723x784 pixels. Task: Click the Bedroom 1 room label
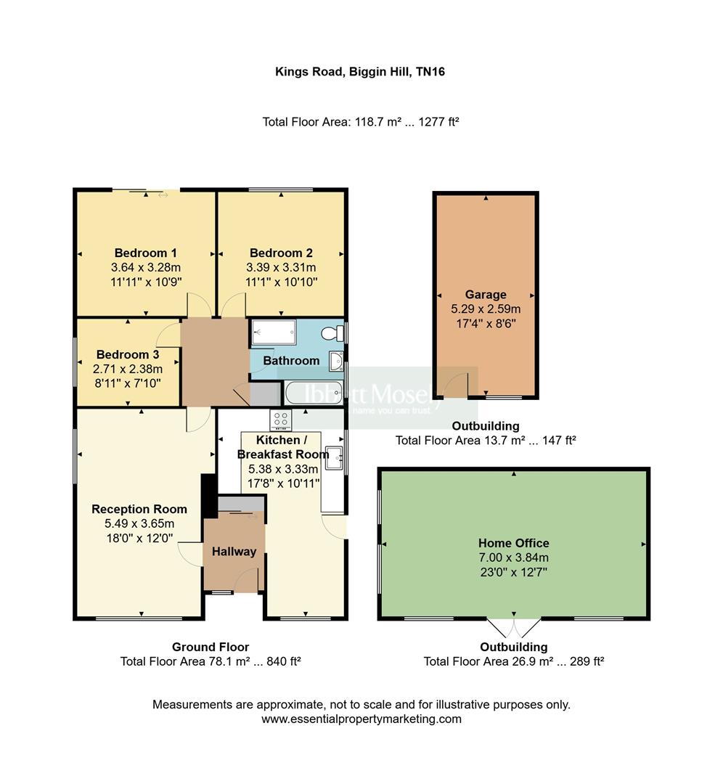coord(145,253)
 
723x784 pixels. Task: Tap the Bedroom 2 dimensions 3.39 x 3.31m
coord(281,267)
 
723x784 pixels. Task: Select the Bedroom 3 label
coord(128,354)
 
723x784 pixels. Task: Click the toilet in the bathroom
coord(332,333)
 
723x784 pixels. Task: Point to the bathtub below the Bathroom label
coord(314,393)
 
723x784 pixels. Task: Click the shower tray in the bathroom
coord(274,332)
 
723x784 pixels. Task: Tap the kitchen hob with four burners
coord(280,420)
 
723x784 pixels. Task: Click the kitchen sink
coord(333,458)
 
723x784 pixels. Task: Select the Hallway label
coord(234,552)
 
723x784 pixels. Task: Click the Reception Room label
coord(139,509)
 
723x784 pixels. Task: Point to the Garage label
coord(486,295)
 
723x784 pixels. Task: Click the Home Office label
coord(513,543)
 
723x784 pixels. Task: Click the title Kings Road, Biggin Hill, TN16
coord(360,71)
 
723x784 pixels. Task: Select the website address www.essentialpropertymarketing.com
coord(361,719)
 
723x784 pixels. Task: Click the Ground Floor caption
coord(211,647)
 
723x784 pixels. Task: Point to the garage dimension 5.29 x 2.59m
coord(486,309)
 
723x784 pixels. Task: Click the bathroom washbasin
coord(336,361)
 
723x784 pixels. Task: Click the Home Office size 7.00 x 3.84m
coord(513,558)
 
